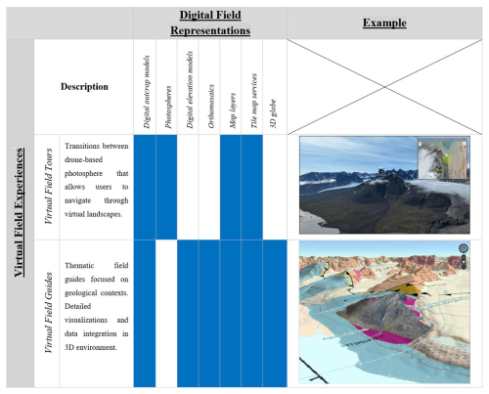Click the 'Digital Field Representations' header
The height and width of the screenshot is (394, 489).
pos(210,22)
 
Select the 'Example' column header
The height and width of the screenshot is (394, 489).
pos(384,22)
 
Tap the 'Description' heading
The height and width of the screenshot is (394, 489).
pos(84,87)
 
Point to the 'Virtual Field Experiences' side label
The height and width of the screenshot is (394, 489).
pos(20,213)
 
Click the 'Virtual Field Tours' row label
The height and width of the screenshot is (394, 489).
pos(49,187)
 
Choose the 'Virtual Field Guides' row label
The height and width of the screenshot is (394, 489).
pos(49,313)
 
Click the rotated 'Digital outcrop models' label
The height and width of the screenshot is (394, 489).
pos(147,92)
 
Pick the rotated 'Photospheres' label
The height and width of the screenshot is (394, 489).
pos(168,107)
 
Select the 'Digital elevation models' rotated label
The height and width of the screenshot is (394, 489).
pos(190,90)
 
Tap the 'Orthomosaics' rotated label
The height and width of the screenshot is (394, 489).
pos(211,107)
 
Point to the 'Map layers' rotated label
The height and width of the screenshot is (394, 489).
pos(233,110)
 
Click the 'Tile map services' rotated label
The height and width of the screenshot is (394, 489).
pos(254,101)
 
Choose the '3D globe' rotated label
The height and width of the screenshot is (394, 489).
pos(273,113)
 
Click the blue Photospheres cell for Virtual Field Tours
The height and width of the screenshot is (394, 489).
pos(166,187)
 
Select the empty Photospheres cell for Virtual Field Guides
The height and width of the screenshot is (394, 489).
pos(166,314)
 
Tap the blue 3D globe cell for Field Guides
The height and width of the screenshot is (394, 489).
pos(275,314)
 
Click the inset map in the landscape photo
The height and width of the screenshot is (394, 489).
pos(443,158)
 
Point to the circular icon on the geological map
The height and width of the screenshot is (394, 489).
pos(464,248)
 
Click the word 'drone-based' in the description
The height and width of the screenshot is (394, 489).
pos(83,159)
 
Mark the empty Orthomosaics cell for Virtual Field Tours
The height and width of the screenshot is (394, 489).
pos(209,187)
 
